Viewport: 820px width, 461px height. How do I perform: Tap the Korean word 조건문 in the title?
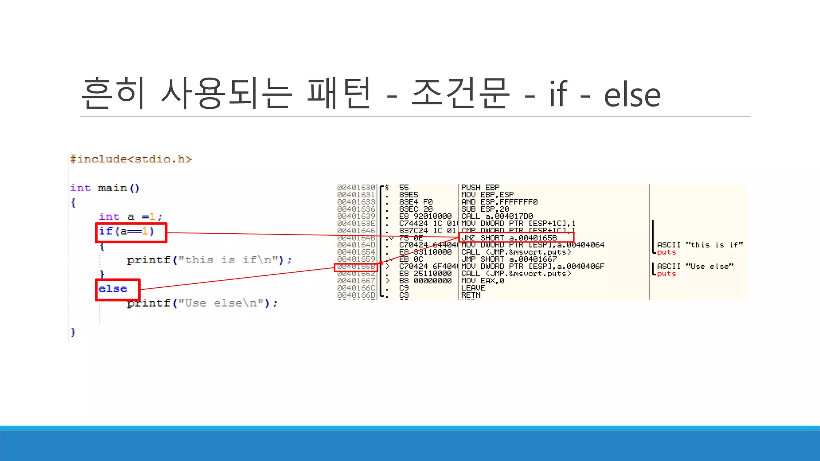click(x=460, y=93)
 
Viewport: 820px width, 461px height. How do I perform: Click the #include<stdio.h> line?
click(x=131, y=159)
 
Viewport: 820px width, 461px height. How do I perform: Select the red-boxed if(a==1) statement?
click(x=127, y=232)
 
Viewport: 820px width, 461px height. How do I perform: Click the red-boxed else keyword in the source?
click(x=113, y=289)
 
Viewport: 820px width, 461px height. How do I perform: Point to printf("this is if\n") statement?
click(x=209, y=260)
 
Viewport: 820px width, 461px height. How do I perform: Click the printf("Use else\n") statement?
click(x=202, y=303)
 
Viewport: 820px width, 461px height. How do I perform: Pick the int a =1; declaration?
click(x=131, y=217)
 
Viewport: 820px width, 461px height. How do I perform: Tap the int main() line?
click(x=105, y=188)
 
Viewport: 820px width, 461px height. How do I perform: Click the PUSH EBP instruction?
click(x=480, y=188)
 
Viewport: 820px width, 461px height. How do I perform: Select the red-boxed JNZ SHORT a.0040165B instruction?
click(x=509, y=238)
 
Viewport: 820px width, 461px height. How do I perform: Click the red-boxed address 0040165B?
click(x=356, y=267)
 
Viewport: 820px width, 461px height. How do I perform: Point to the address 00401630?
click(x=356, y=188)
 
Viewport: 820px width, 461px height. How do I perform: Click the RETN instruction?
click(x=471, y=295)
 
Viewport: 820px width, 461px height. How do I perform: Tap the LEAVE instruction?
click(x=473, y=288)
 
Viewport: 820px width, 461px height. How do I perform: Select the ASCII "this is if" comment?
click(x=699, y=245)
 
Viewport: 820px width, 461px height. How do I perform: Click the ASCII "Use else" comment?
click(x=695, y=267)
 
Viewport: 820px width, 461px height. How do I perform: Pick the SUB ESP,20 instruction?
click(x=485, y=209)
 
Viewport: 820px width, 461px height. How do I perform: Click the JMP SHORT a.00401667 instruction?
click(x=509, y=259)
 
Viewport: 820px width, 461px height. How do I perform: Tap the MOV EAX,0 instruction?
click(x=482, y=281)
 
